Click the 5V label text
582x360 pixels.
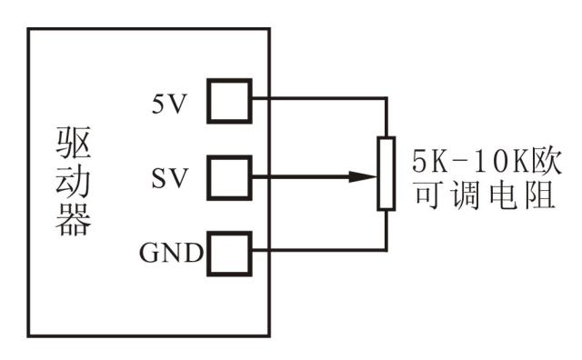pyautogui.click(x=168, y=102)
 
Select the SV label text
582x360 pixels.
pyautogui.click(x=168, y=176)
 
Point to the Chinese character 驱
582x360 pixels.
pyautogui.click(x=74, y=142)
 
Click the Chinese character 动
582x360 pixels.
pyautogui.click(x=74, y=182)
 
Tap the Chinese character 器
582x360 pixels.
pyautogui.click(x=74, y=221)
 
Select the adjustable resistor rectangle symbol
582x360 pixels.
pyautogui.click(x=386, y=174)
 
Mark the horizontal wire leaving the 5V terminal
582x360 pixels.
pyautogui.click(x=318, y=98)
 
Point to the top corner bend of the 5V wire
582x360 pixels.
pyautogui.click(x=386, y=98)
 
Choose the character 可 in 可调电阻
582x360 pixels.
pyautogui.click(x=427, y=194)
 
